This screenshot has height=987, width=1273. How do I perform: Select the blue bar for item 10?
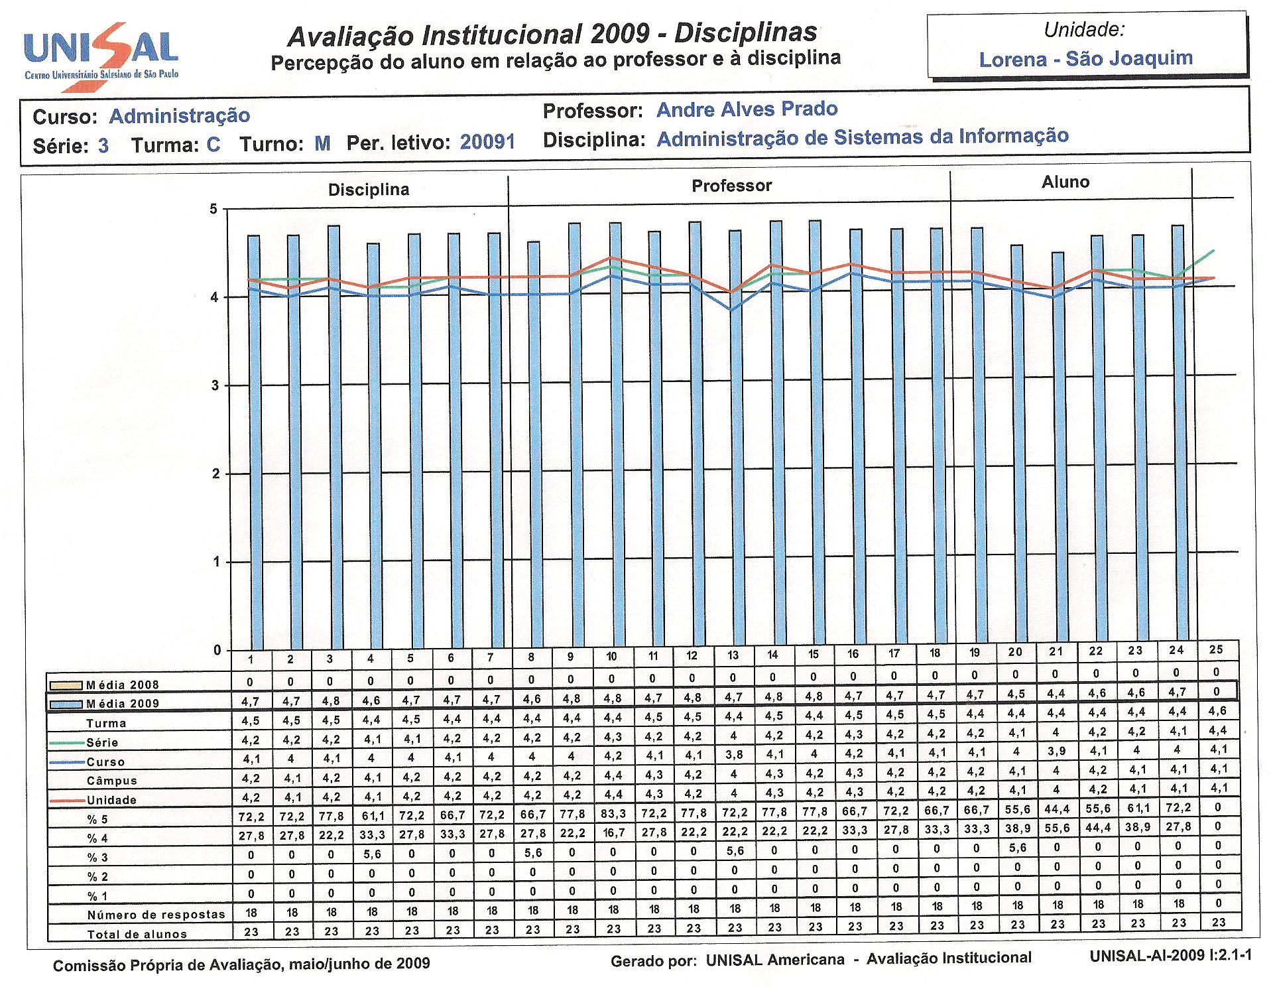pyautogui.click(x=615, y=436)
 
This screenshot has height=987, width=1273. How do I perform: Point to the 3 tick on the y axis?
pyautogui.click(x=215, y=386)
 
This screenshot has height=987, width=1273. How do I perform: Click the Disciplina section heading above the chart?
pyautogui.click(x=369, y=190)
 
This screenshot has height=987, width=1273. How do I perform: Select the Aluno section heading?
pyautogui.click(x=1065, y=182)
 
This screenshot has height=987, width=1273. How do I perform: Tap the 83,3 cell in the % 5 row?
pyautogui.click(x=613, y=813)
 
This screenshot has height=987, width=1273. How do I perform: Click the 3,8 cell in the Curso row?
pyautogui.click(x=733, y=755)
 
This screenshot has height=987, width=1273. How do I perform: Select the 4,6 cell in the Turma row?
pyautogui.click(x=1218, y=710)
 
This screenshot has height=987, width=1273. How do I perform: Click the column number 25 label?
pyautogui.click(x=1216, y=650)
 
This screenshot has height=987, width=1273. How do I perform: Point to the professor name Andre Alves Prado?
pyautogui.click(x=747, y=109)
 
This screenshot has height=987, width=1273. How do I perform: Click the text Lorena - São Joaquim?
pyautogui.click(x=1086, y=59)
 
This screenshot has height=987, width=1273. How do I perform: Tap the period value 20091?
pyautogui.click(x=487, y=142)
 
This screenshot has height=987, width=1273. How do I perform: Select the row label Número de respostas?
pyautogui.click(x=156, y=915)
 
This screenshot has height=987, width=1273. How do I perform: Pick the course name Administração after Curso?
pyautogui.click(x=180, y=116)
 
